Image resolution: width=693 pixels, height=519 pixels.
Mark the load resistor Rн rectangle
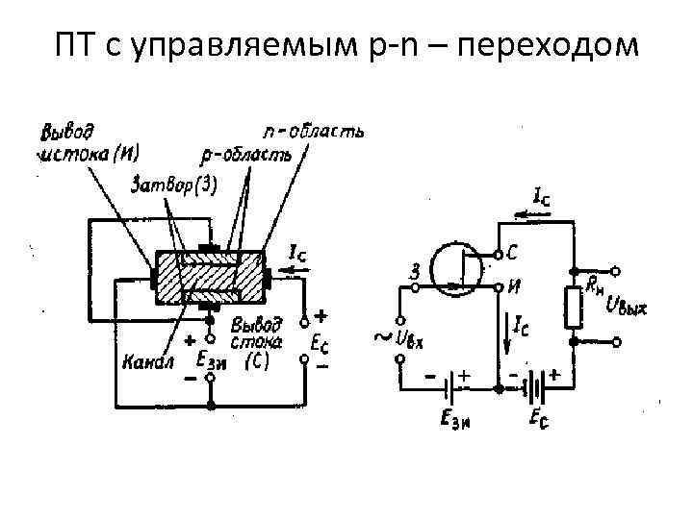point(574,307)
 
